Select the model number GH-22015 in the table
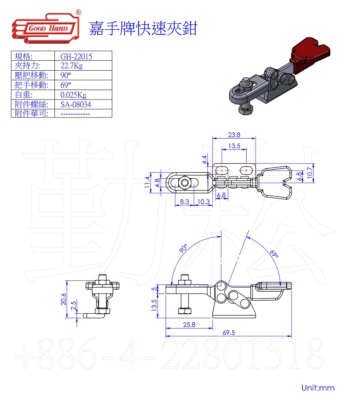(76, 57)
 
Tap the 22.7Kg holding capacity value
(72, 66)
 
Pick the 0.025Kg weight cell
(73, 95)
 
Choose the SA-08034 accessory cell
(76, 104)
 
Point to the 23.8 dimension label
(234, 135)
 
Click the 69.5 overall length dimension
(229, 333)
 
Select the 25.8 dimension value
(189, 324)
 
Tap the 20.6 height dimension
(63, 299)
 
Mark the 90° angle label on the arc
(183, 248)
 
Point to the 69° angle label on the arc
(274, 254)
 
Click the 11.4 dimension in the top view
(147, 182)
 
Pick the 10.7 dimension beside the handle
(310, 173)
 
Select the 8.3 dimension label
(184, 202)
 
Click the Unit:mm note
(318, 387)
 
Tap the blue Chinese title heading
(143, 28)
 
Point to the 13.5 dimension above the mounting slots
(234, 146)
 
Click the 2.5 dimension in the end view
(73, 306)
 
